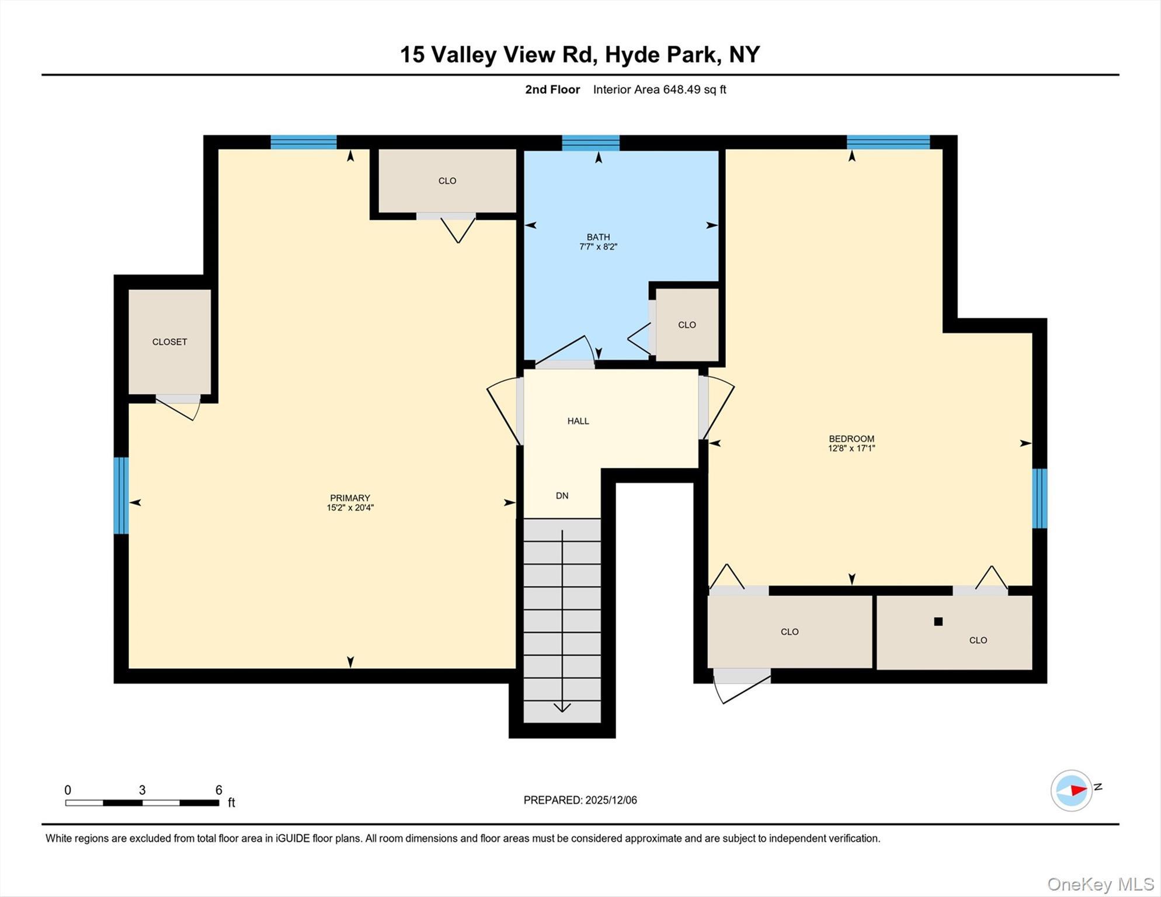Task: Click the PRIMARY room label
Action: (350, 498)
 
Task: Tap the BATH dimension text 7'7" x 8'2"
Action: (598, 247)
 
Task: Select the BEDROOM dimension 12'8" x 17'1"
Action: (851, 448)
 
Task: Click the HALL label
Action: (578, 421)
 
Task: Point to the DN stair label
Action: (562, 496)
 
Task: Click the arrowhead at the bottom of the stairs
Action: (562, 708)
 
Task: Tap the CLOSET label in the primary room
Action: (169, 342)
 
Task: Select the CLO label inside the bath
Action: (687, 325)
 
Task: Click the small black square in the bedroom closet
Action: (938, 621)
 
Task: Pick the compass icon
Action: (1071, 791)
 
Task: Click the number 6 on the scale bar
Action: (218, 790)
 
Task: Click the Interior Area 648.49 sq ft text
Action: (659, 89)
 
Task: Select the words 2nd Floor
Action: (552, 89)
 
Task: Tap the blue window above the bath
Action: (590, 142)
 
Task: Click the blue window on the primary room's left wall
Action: (121, 495)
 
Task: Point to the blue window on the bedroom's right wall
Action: (1039, 498)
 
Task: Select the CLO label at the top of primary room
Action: (447, 181)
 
